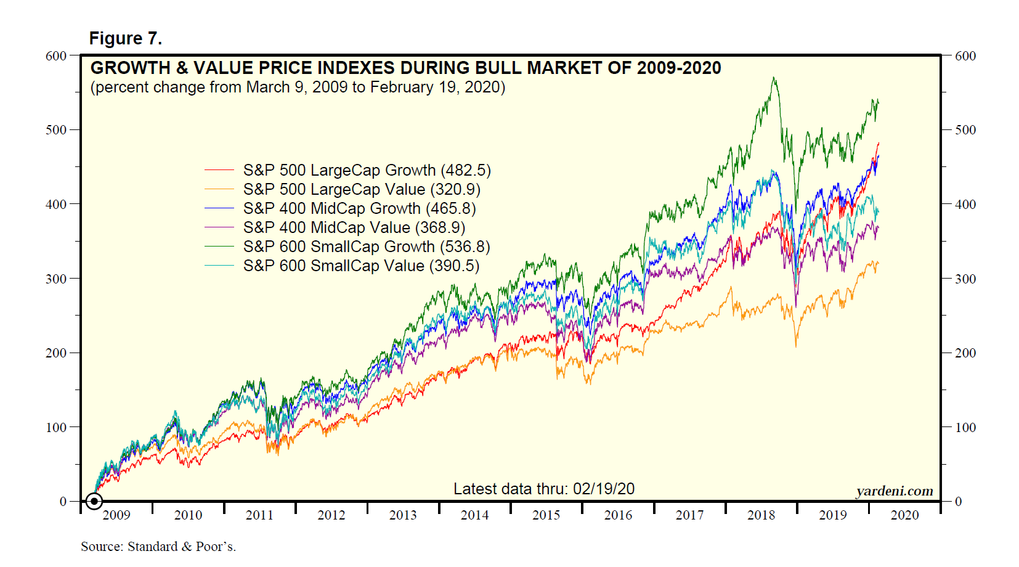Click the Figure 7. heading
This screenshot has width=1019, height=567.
click(x=126, y=38)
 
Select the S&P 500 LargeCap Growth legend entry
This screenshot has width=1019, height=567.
click(x=367, y=170)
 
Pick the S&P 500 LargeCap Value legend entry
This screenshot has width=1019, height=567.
click(x=362, y=189)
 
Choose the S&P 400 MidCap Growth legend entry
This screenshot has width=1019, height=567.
click(x=359, y=208)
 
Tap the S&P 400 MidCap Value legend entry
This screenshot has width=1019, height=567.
click(x=354, y=227)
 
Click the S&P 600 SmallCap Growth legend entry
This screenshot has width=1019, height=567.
click(x=367, y=247)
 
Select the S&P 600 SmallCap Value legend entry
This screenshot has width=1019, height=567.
click(x=361, y=266)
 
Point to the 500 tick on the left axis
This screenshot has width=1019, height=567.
click(x=55, y=130)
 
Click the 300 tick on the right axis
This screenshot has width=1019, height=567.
click(x=965, y=279)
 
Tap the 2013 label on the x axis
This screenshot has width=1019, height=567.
click(x=403, y=515)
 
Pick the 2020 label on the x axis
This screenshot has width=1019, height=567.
click(x=904, y=515)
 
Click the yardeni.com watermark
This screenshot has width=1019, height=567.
click(x=895, y=491)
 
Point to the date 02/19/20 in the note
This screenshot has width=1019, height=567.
click(x=604, y=489)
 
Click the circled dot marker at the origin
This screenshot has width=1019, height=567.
click(x=94, y=501)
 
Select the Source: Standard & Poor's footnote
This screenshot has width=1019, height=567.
click(x=158, y=547)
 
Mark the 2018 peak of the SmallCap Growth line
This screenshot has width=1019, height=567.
click(x=774, y=78)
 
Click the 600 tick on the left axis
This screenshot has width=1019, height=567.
click(x=55, y=56)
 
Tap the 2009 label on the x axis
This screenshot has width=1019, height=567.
click(x=116, y=515)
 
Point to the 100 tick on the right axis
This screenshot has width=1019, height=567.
click(x=965, y=427)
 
